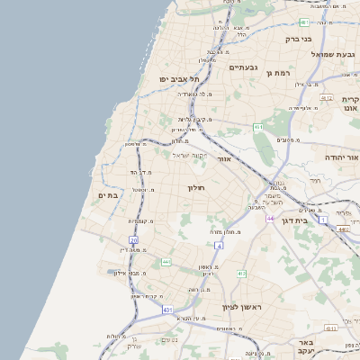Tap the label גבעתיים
point(245,67)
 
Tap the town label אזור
point(225,159)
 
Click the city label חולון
point(196,187)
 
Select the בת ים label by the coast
point(108,195)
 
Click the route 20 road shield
point(134,240)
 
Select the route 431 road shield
point(167,309)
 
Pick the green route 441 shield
point(166,262)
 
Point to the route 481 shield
point(305,22)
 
